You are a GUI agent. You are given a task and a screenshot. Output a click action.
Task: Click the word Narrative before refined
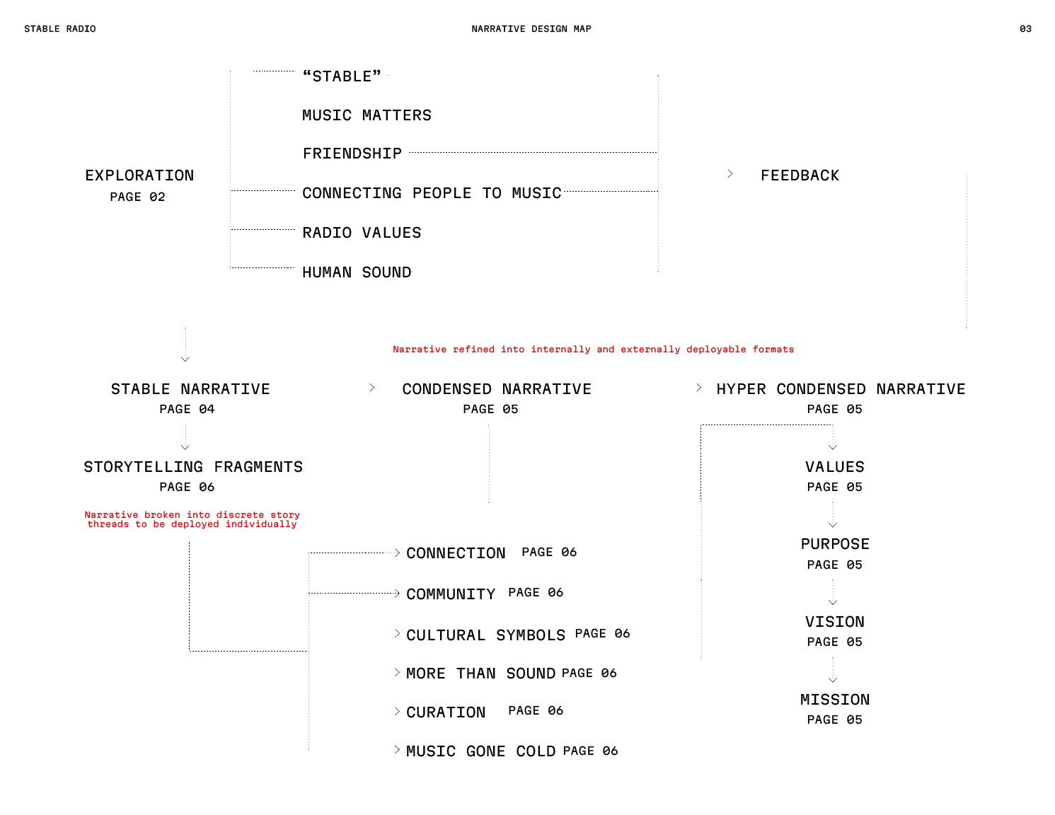(x=420, y=349)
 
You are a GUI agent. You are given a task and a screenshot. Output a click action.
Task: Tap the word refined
(x=473, y=349)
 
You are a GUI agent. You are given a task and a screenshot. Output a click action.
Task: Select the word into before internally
(x=512, y=349)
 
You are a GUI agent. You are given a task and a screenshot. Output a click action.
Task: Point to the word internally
(x=560, y=349)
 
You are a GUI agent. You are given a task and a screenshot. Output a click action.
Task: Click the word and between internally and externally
(x=605, y=349)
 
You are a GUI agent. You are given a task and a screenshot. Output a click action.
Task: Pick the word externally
(x=650, y=349)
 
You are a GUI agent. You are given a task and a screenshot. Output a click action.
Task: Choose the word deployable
(x=716, y=349)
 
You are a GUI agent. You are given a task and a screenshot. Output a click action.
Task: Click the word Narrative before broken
(x=111, y=515)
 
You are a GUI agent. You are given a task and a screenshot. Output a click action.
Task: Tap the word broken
(x=162, y=515)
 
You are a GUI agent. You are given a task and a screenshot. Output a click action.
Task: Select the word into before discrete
(x=198, y=515)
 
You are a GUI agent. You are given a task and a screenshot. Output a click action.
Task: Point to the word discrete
(x=240, y=515)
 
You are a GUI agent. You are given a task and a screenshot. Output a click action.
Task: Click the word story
(x=285, y=515)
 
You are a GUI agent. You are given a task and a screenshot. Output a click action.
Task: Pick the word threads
(x=108, y=525)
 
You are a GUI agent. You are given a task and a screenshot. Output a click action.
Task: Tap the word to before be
(x=141, y=525)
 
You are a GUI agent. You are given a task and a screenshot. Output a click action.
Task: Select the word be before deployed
(x=158, y=525)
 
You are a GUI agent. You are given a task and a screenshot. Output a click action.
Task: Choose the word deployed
(x=195, y=525)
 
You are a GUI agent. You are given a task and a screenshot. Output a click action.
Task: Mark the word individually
(x=261, y=525)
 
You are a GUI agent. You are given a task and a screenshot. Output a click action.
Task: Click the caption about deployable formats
(x=593, y=349)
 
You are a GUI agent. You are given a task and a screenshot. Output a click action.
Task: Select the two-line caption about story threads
(x=192, y=520)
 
